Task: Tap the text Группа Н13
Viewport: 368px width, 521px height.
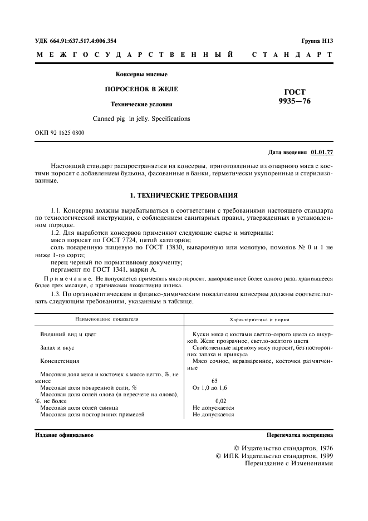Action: [317, 41]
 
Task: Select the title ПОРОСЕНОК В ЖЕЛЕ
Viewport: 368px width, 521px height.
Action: [141, 89]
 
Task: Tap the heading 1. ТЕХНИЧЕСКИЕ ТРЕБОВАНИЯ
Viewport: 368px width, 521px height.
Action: [184, 196]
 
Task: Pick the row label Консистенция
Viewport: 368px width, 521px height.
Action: [60, 361]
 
